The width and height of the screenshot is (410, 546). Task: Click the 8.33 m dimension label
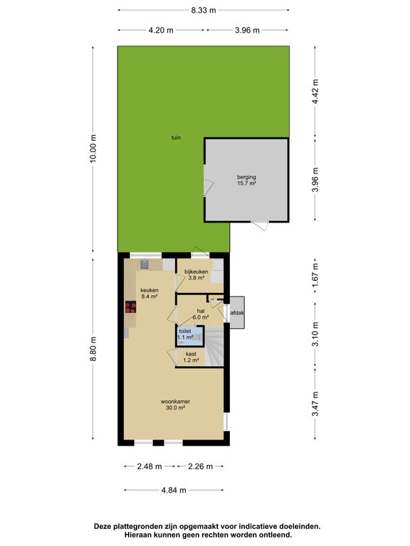click(204, 10)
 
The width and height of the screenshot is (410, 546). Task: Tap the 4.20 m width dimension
click(161, 31)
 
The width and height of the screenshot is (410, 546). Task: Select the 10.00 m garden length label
click(93, 149)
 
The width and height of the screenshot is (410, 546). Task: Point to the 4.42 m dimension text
click(315, 92)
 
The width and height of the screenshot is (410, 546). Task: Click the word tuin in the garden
click(176, 137)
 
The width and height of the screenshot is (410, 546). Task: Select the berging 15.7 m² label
click(246, 180)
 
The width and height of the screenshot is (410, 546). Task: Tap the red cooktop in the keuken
click(131, 307)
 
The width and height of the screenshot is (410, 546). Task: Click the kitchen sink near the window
click(144, 264)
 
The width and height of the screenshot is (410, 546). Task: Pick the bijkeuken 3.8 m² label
click(196, 274)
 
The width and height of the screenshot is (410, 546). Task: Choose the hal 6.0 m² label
click(201, 314)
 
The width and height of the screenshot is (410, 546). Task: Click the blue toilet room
click(190, 336)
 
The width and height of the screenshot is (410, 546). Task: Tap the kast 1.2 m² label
click(191, 357)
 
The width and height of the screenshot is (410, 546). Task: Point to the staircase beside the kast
click(214, 346)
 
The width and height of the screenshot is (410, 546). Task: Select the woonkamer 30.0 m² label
click(175, 405)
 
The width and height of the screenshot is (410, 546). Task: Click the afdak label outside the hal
click(237, 313)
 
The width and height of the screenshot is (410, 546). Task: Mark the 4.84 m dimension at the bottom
click(174, 491)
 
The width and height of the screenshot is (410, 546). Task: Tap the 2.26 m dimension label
click(201, 466)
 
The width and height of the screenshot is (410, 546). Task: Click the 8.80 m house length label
click(93, 349)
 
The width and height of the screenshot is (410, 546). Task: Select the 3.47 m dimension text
click(315, 404)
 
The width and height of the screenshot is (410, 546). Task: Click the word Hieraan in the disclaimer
click(138, 535)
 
